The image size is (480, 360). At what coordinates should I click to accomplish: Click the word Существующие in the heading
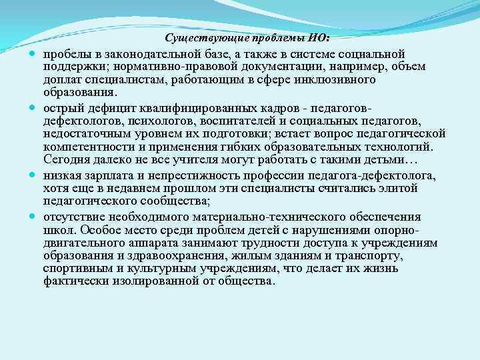click(199, 38)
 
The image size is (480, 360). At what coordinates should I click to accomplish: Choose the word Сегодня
click(67, 160)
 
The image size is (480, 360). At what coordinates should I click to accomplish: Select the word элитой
click(399, 189)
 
